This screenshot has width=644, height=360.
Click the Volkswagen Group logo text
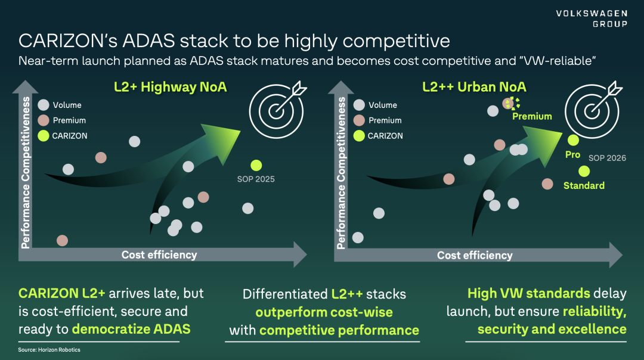coord(592,19)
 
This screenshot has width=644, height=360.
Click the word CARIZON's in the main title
coord(68,41)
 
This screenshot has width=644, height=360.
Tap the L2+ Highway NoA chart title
coord(170,87)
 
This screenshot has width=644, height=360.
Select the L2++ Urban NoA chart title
coord(474,87)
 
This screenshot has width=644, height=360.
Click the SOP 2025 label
coord(256,179)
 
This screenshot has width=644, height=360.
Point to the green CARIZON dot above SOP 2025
coord(256,166)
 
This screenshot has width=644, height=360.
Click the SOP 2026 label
coord(607,158)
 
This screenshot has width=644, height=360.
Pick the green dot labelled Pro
coord(573,141)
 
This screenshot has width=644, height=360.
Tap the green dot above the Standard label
coord(584,171)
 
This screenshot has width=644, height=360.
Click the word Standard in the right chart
coord(584,185)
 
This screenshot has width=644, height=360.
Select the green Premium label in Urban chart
coord(532,117)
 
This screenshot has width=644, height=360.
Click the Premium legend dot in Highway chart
coord(44,120)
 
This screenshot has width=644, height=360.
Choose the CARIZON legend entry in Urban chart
coord(378,136)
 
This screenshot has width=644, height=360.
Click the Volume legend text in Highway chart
coord(67,105)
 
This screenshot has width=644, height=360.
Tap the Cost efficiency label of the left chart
coord(159,255)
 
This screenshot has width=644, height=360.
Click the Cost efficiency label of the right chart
coord(475,255)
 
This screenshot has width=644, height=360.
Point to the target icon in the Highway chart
coord(277,110)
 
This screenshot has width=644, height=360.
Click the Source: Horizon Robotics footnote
coord(49,350)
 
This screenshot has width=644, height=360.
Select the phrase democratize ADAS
coord(131,329)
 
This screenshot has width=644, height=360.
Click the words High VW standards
coord(528,293)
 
